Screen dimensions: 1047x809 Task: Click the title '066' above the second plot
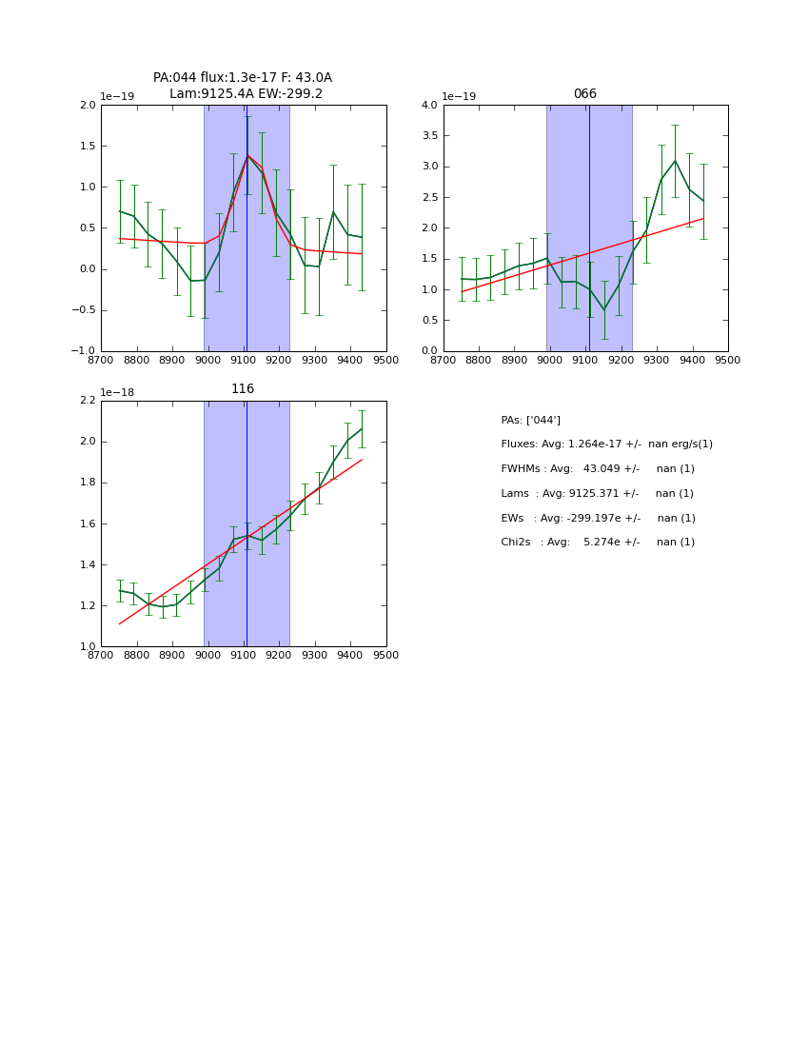click(x=584, y=94)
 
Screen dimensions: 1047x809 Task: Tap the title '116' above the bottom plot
click(x=243, y=389)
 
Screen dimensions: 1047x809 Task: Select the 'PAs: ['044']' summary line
click(x=530, y=420)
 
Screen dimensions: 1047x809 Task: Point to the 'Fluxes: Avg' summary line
click(x=606, y=444)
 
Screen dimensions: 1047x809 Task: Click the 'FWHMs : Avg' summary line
click(x=598, y=469)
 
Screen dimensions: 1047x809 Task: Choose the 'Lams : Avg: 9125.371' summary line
click(x=598, y=493)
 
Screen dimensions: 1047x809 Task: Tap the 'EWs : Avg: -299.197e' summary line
click(x=598, y=518)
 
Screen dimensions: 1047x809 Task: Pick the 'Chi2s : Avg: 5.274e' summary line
click(x=598, y=543)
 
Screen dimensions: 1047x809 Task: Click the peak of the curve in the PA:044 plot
click(x=247, y=155)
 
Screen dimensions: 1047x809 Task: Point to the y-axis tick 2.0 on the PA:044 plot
click(x=88, y=106)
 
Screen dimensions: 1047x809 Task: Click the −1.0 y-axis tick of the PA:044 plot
click(x=84, y=351)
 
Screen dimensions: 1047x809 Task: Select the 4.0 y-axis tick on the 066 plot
click(x=429, y=106)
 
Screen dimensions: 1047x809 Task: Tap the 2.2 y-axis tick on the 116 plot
click(x=88, y=401)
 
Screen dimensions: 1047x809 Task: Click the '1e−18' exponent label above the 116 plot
click(x=117, y=392)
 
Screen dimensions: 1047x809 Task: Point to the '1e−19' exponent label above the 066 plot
click(x=460, y=97)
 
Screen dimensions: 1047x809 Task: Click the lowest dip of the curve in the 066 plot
click(x=603, y=309)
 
